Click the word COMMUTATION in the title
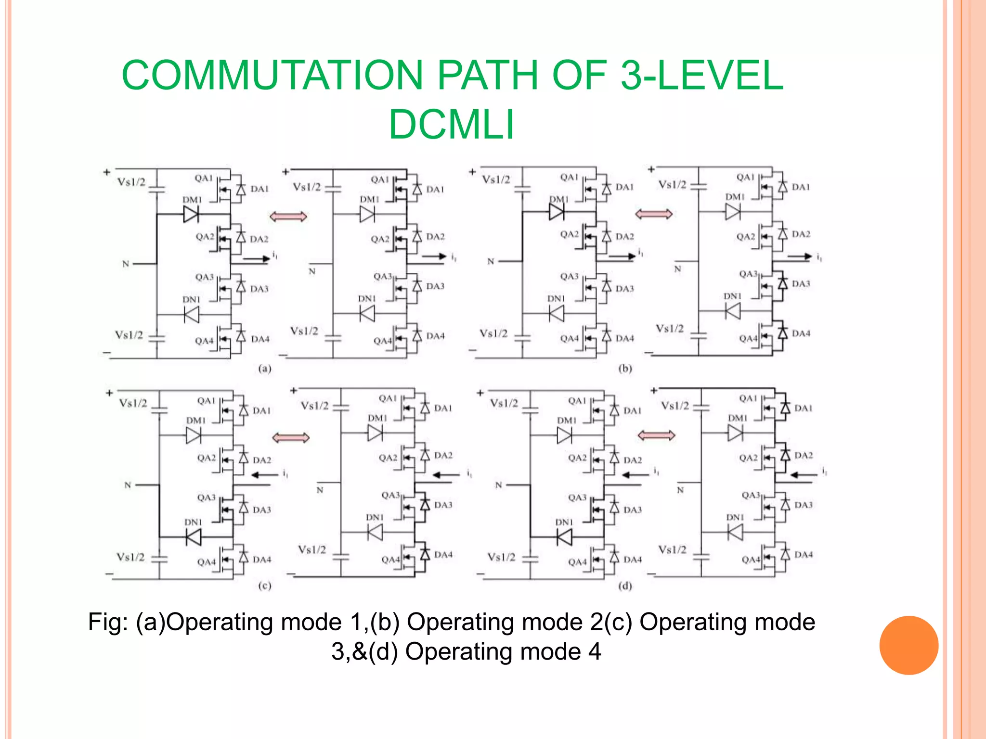272,76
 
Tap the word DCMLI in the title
452,125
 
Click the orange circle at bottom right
908,645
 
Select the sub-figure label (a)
265,369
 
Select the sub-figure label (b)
625,369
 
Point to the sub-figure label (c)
265,586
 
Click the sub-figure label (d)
625,586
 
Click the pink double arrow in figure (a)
288,217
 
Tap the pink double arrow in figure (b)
653,214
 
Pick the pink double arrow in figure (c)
291,438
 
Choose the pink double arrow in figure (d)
656,436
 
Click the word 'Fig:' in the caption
108,622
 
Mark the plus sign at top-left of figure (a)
107,172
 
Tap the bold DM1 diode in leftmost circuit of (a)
191,214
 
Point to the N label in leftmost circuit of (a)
126,264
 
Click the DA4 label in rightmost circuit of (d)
804,554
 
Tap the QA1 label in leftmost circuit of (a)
203,178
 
